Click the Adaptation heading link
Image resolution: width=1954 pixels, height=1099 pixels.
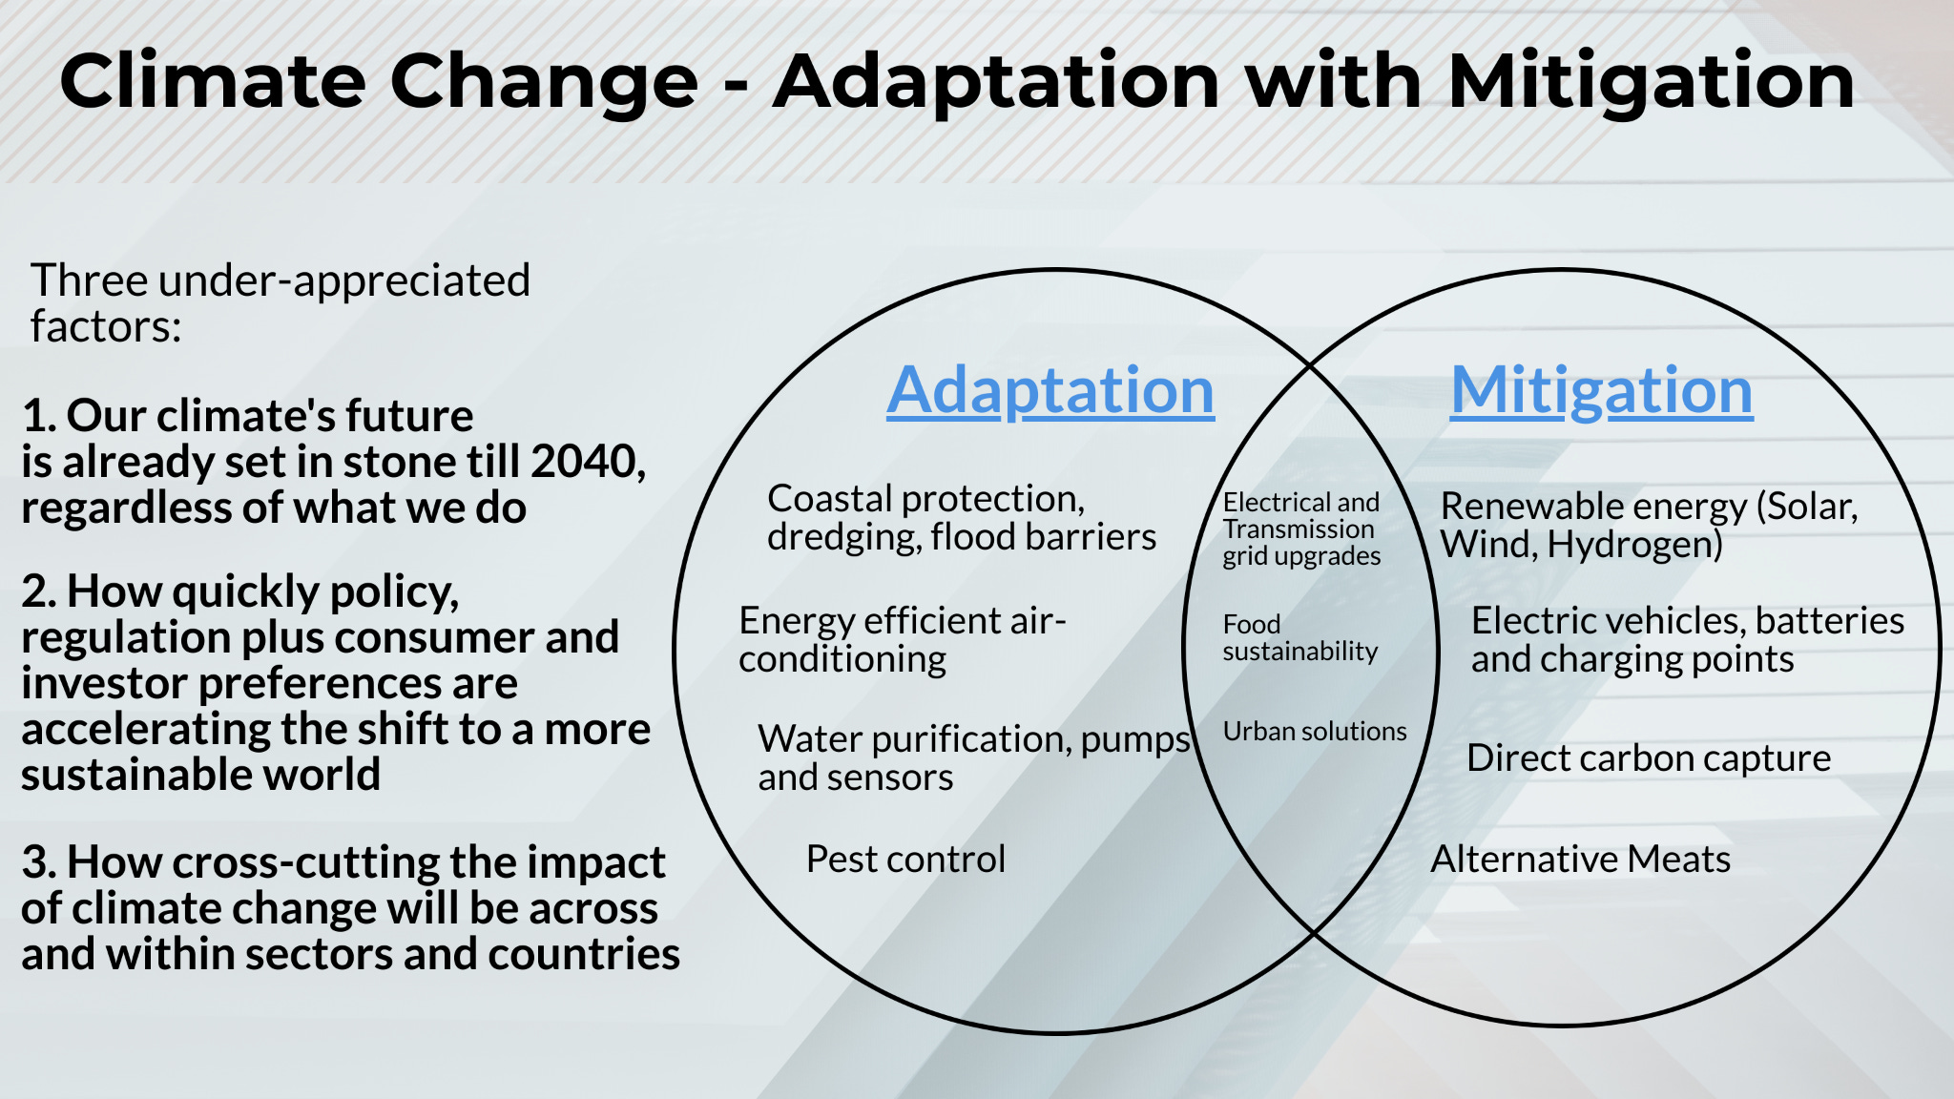point(1050,391)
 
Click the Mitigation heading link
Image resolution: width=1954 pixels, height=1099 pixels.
point(1601,391)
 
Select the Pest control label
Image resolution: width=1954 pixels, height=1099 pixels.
point(905,860)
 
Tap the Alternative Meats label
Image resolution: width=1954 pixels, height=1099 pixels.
point(1580,860)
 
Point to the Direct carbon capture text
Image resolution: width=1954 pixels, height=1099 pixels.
point(1649,758)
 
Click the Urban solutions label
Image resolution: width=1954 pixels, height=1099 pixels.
point(1314,732)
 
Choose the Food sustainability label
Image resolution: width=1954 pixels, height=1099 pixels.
point(1299,638)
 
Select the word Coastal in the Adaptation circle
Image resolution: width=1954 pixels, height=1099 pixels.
point(829,499)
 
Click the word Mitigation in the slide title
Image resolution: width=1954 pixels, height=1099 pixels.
point(1651,82)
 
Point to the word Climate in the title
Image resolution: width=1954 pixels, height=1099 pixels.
point(212,82)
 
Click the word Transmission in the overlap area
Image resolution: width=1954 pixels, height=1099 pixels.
point(1299,529)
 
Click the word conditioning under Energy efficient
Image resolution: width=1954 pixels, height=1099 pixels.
point(842,659)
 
